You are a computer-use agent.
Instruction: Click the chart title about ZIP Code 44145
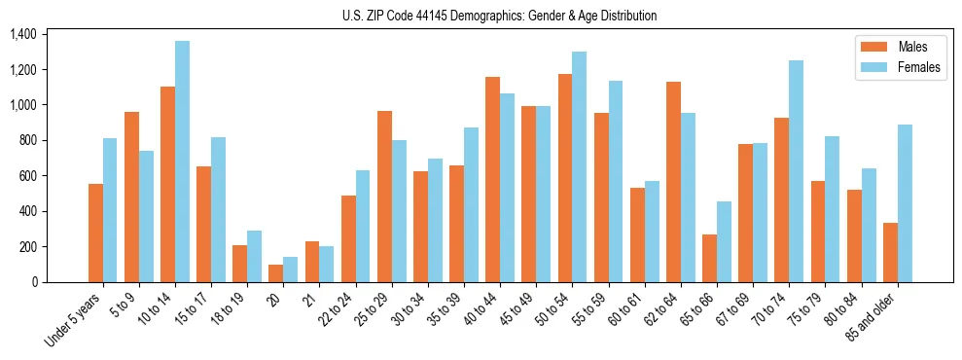pos(500,16)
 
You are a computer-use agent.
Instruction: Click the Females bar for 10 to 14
pos(182,162)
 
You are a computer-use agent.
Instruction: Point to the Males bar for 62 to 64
pos(673,182)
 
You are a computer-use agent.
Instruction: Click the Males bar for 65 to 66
pos(709,258)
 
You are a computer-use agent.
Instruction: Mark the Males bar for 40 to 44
pos(493,179)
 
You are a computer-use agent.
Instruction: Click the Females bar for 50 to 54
pos(580,166)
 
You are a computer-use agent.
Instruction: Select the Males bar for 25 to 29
pos(384,197)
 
